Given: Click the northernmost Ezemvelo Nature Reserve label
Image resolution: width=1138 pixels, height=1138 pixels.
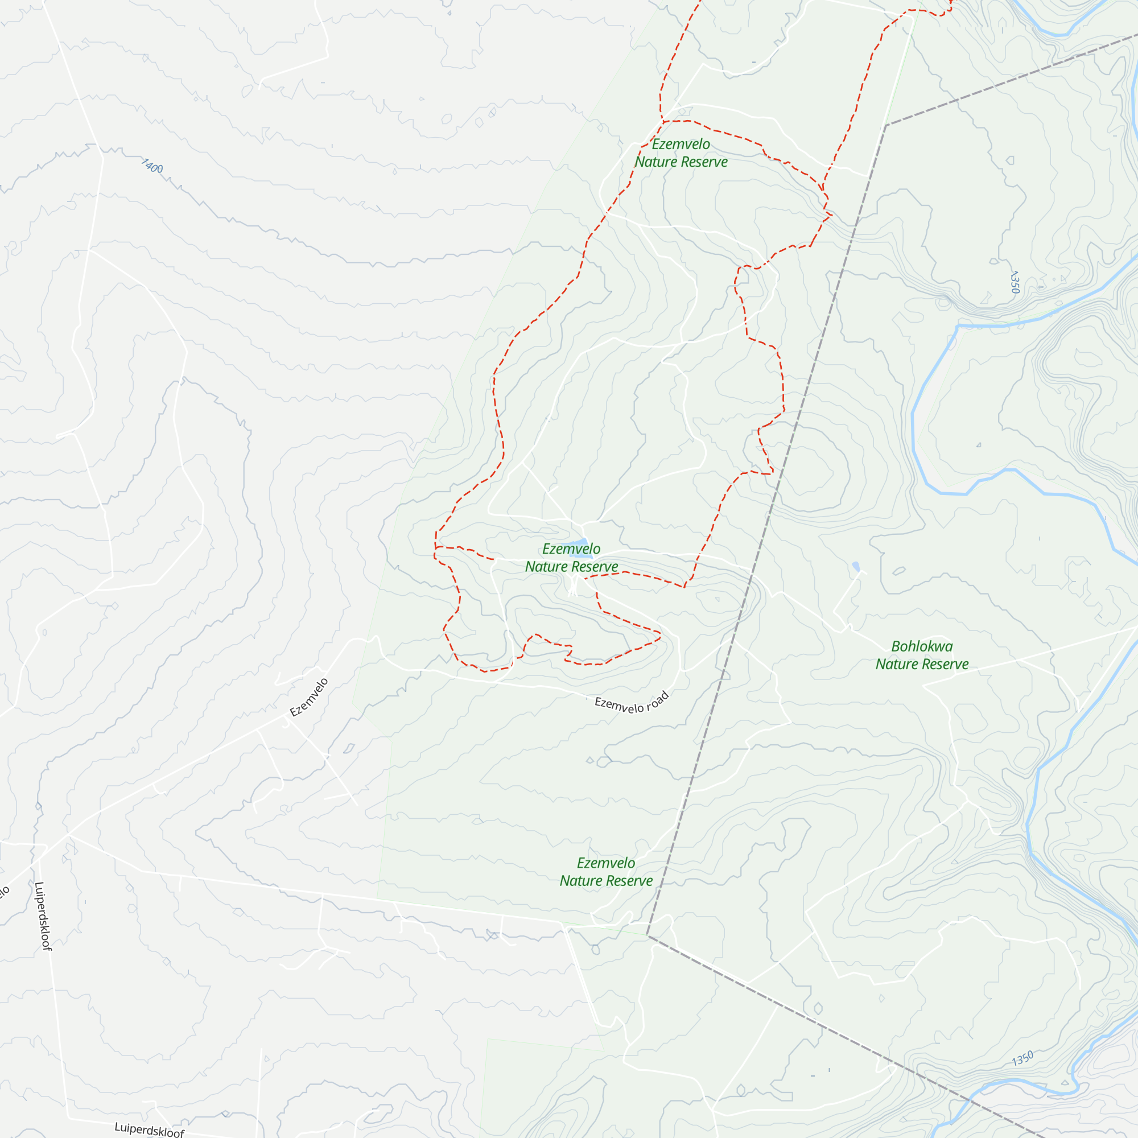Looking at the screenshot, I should click(681, 153).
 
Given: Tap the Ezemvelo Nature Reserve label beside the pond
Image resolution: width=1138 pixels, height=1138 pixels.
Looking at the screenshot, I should click(571, 558).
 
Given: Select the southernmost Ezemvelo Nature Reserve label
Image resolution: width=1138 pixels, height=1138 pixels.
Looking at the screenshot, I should click(606, 872).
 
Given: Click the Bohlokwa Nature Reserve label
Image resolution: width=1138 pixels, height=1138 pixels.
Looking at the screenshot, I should click(922, 655).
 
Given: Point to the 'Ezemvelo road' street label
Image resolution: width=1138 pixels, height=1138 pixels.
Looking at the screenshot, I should click(632, 703).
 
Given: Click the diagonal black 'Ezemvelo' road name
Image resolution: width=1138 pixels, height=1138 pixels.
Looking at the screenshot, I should click(309, 698).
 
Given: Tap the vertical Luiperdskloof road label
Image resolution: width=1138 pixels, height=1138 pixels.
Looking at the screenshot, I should click(43, 916).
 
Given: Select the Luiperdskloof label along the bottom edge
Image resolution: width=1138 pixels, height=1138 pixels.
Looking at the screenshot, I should click(149, 1128).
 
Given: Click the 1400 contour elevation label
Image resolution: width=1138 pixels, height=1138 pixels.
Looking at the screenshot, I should click(152, 166).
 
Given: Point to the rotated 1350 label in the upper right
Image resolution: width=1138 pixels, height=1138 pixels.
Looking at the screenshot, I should click(1015, 282).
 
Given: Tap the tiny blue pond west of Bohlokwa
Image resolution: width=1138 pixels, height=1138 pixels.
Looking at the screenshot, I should click(856, 567).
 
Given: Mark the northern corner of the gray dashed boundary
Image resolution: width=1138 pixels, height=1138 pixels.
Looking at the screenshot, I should click(886, 125).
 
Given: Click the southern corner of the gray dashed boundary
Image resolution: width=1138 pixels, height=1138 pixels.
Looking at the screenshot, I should click(648, 935).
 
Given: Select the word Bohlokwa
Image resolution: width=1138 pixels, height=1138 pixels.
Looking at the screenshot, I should click(922, 646).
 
